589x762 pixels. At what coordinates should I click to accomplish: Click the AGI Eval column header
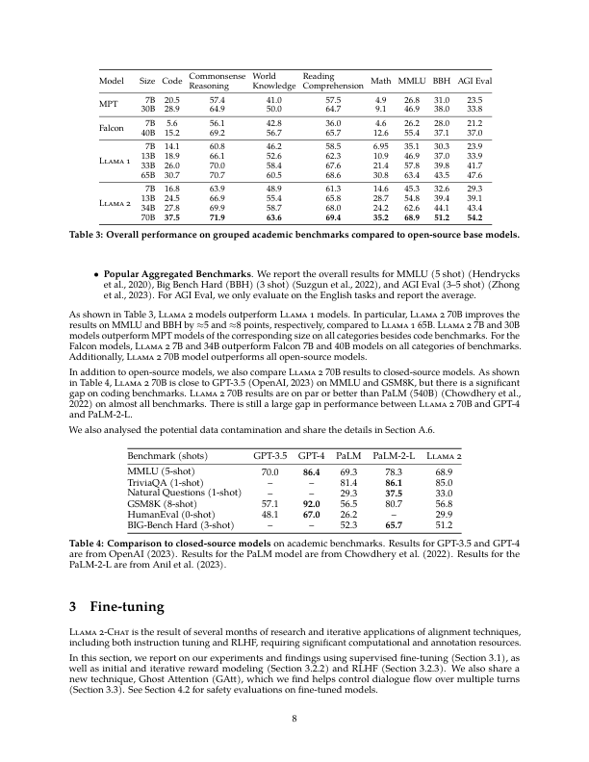tap(474, 80)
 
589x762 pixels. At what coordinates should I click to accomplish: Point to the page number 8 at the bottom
tap(294, 719)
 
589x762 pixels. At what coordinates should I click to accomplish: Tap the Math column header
tap(381, 80)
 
